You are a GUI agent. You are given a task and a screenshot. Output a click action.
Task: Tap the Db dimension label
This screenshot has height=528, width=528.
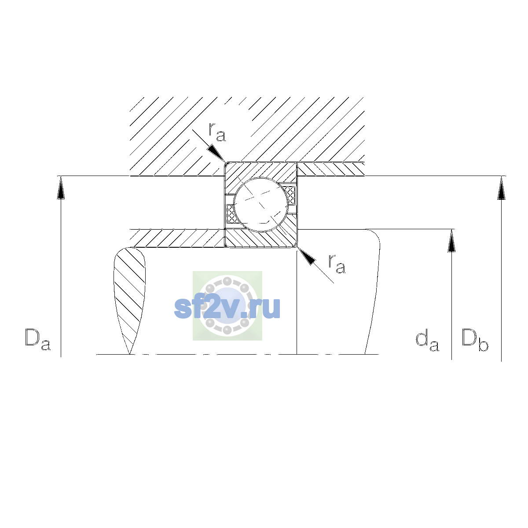475,340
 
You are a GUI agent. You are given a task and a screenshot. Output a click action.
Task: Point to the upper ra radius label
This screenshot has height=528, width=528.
217,132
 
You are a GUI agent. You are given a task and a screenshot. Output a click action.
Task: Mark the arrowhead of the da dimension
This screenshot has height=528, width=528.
451,241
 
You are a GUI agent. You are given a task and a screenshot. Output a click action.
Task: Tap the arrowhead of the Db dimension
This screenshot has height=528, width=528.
502,188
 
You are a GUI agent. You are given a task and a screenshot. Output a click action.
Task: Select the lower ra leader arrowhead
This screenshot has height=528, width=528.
306,256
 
